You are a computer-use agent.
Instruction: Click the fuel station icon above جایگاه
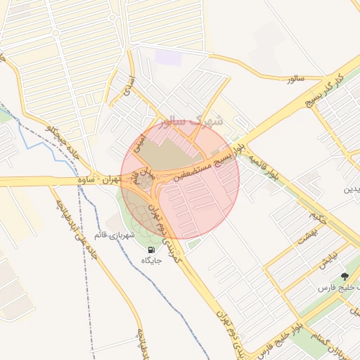coord(152,250)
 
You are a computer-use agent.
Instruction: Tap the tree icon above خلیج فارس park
coord(344,277)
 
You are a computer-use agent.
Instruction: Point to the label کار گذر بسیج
coord(327,89)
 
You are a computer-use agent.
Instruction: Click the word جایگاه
coord(152,261)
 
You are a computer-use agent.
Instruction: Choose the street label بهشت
coord(307,238)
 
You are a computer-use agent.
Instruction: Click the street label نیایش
coord(324,259)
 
